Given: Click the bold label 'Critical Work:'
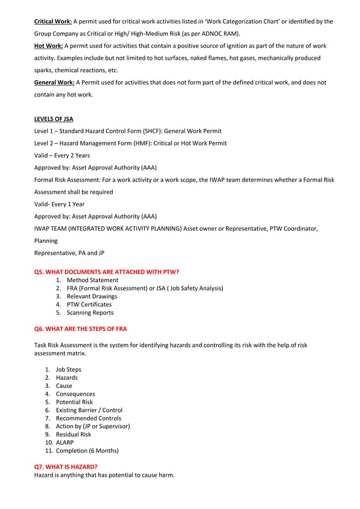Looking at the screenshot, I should [x=53, y=21].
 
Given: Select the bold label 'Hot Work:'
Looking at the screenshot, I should [x=49, y=46].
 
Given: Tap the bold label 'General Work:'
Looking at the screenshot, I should [x=54, y=82].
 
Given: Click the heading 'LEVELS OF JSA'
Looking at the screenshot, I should [x=54, y=119].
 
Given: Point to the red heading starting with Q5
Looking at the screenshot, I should [x=107, y=272].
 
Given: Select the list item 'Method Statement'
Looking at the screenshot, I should [x=93, y=280].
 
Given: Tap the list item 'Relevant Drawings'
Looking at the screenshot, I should [x=92, y=296].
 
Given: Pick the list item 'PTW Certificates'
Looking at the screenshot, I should [x=89, y=304].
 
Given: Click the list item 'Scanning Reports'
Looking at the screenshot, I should [x=90, y=313].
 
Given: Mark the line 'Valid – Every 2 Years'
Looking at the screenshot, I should [x=62, y=155].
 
